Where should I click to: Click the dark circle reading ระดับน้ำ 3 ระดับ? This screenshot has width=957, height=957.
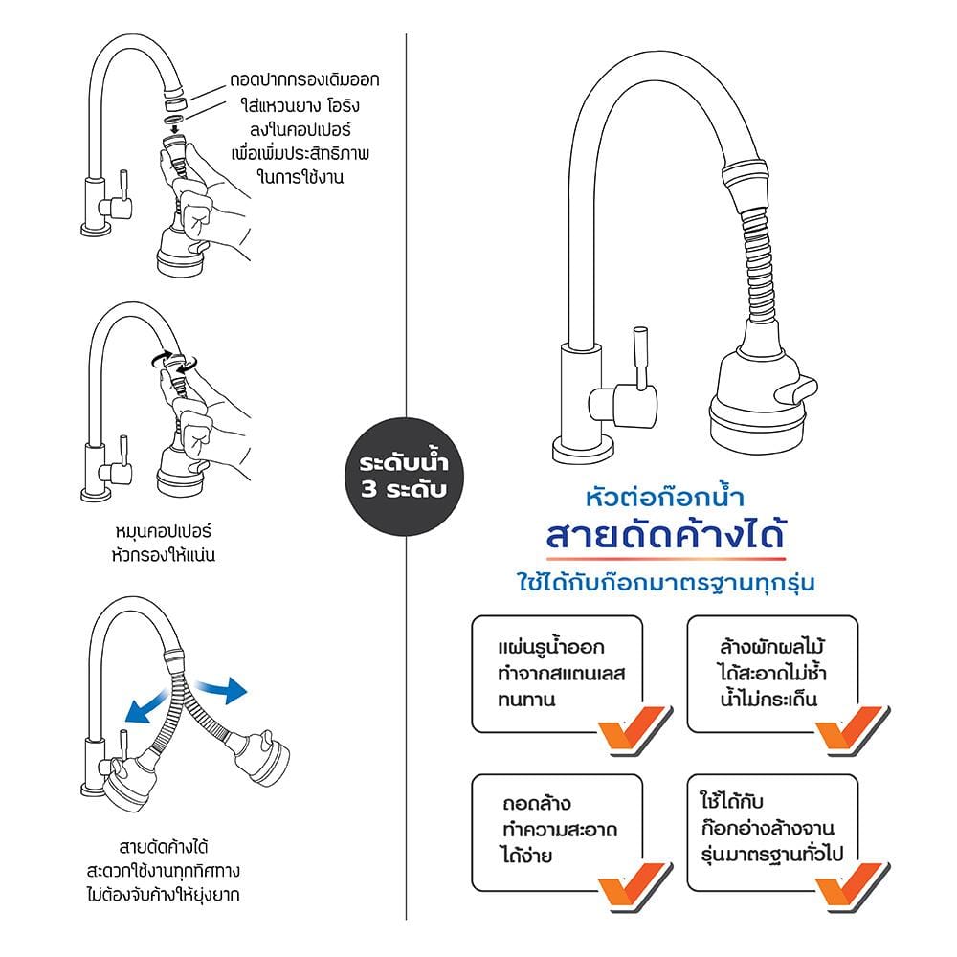click(405, 477)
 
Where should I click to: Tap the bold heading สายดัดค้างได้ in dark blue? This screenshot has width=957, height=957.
click(665, 535)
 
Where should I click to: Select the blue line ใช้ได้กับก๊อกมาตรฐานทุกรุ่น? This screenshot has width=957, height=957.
click(666, 582)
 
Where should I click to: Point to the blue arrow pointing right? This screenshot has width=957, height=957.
click(223, 690)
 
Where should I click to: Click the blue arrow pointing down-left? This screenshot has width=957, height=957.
click(147, 707)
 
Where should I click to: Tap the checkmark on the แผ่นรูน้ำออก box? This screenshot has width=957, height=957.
click(635, 729)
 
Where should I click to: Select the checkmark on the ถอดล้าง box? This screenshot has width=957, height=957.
click(635, 887)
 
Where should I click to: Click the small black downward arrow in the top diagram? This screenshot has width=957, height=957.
click(175, 129)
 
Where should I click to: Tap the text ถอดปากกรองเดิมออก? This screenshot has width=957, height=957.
click(304, 80)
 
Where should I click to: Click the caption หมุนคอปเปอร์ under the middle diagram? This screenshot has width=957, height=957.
click(163, 531)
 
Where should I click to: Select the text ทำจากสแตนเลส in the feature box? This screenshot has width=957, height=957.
click(561, 673)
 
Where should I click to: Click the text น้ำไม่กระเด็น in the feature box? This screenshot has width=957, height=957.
click(768, 699)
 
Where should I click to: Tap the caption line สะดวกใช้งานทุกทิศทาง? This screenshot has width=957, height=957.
click(163, 870)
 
